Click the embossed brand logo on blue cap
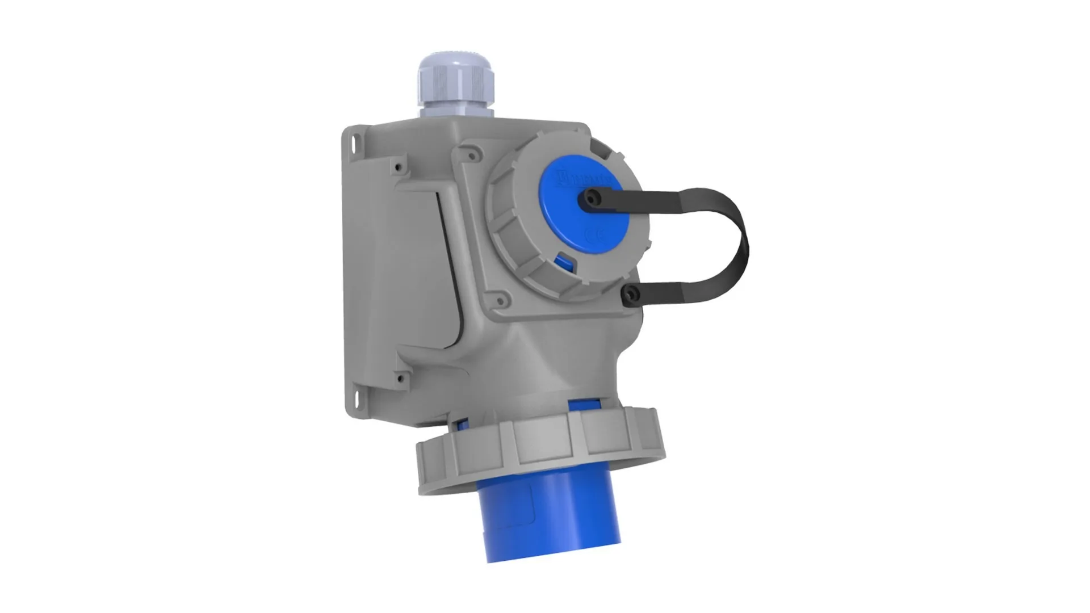(x=585, y=179)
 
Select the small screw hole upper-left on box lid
(x=400, y=167)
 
